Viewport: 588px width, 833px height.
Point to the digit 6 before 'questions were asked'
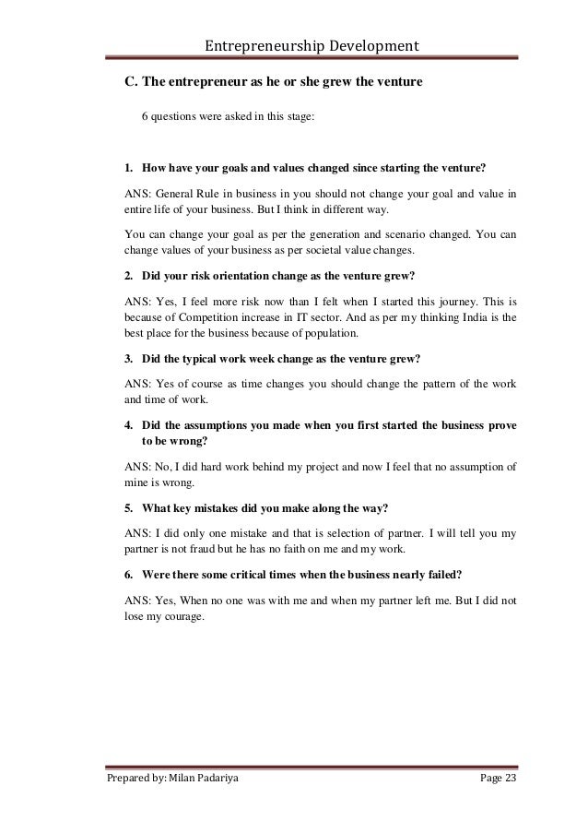(144, 118)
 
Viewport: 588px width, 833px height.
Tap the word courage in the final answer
(180, 616)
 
